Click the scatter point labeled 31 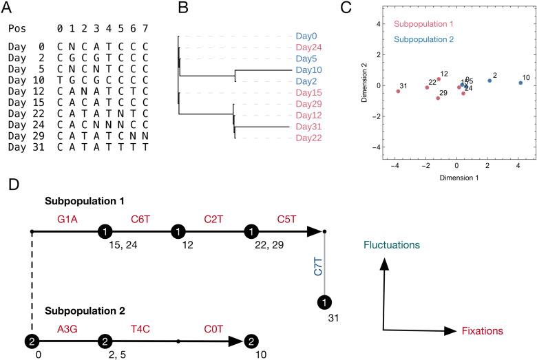pos(398,91)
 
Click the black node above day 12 pos(179,231)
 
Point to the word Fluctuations pos(394,245)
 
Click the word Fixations pos(483,330)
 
